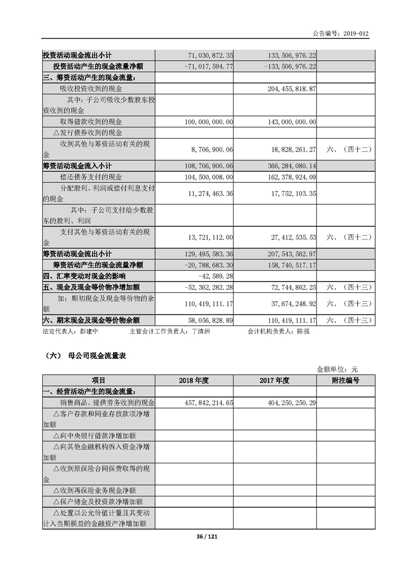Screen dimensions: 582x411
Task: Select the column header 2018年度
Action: [x=194, y=381]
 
